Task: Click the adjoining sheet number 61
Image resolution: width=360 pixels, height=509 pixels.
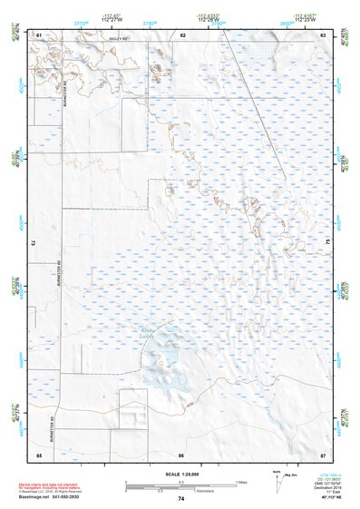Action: (39, 34)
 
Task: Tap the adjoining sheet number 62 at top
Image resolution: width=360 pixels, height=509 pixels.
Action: (182, 34)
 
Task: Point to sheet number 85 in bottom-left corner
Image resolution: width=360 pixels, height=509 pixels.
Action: (39, 454)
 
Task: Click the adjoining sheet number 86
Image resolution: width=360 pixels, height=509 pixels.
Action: (181, 454)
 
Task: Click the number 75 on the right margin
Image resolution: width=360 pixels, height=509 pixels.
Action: (328, 243)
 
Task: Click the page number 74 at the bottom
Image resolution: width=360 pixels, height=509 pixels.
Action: (180, 499)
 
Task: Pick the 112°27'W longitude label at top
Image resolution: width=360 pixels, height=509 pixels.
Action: (112, 19)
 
